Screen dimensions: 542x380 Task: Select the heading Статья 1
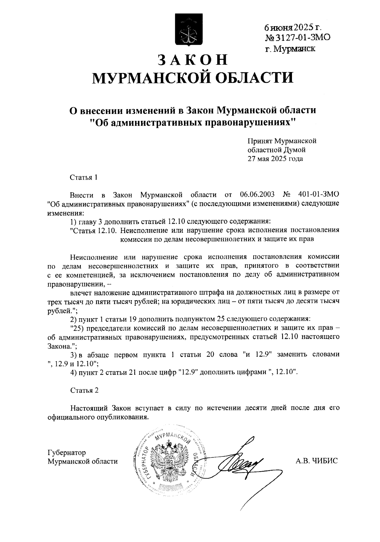(x=84, y=177)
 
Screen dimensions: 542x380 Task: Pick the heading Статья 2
(x=84, y=390)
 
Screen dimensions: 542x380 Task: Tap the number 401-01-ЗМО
(x=319, y=194)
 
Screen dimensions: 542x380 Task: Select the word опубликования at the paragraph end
(x=122, y=417)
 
